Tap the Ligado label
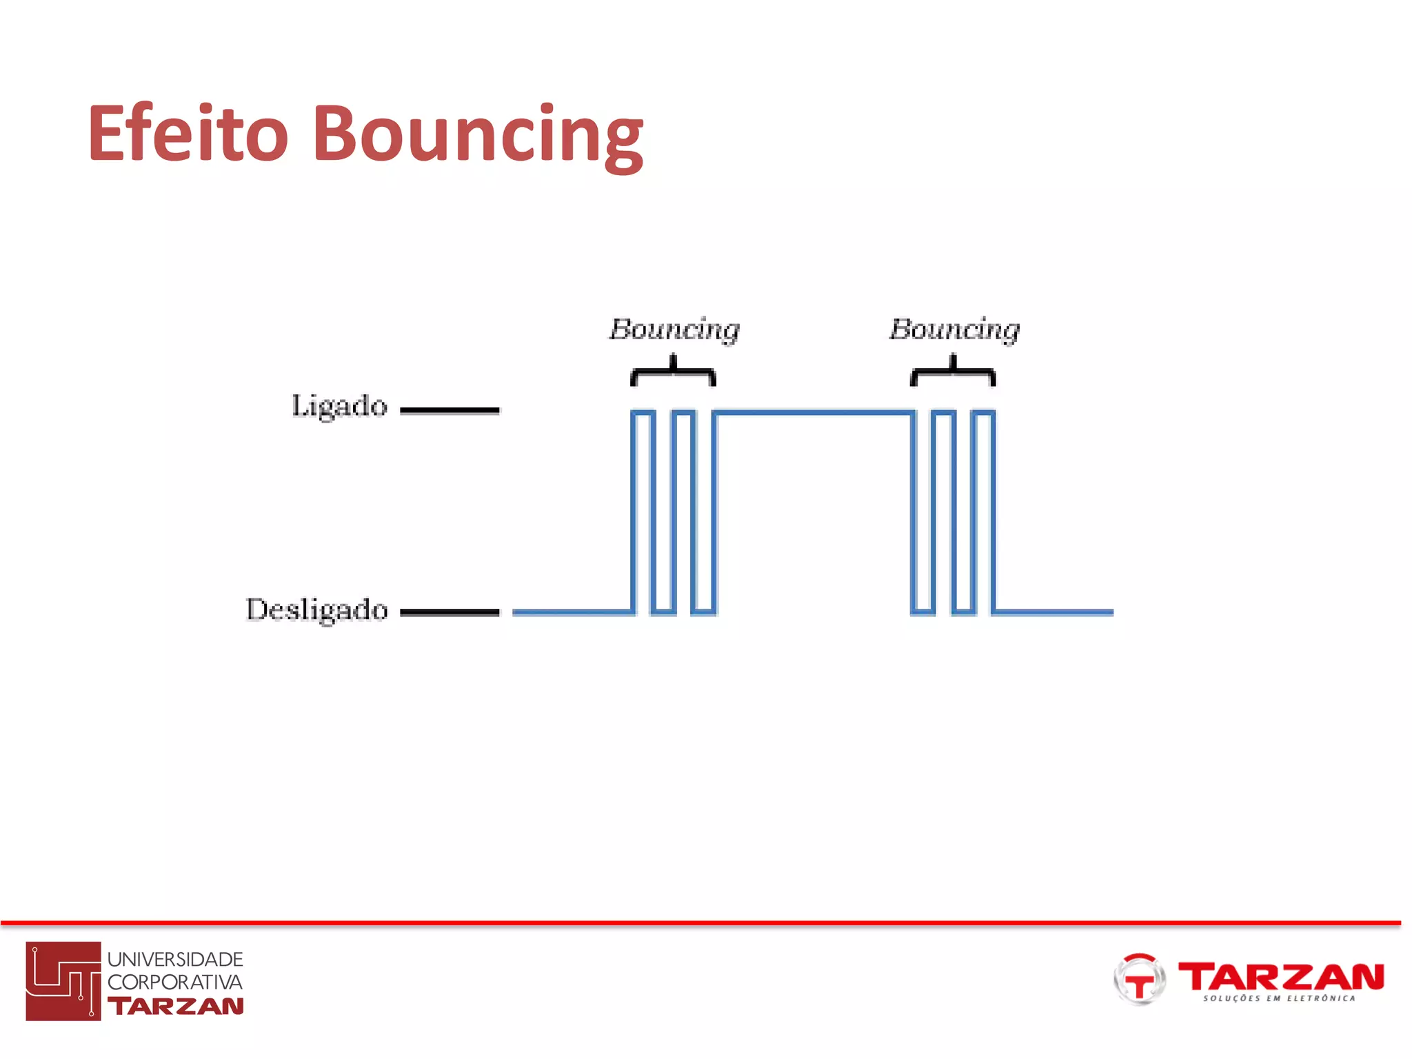point(339,406)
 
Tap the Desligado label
point(317,610)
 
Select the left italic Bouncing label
point(674,330)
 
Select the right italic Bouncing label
point(954,330)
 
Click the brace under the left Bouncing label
point(674,372)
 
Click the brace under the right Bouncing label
point(953,372)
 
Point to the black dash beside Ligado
point(450,410)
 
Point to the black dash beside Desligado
point(450,612)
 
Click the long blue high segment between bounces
point(814,412)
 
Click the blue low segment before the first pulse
point(572,612)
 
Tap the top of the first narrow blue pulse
point(643,412)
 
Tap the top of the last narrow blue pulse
point(984,412)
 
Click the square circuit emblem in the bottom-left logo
point(63,980)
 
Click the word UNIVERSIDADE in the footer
point(175,959)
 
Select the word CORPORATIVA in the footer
point(175,982)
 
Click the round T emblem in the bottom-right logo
point(1139,979)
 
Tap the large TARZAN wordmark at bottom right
point(1281,976)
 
